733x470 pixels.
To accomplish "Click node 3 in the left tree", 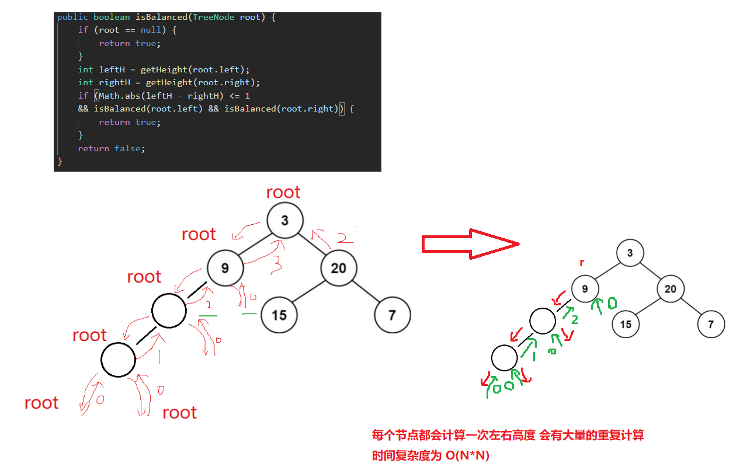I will (285, 221).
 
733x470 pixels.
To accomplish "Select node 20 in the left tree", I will (338, 268).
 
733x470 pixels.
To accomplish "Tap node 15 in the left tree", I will (279, 315).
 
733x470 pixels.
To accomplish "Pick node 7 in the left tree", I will (392, 315).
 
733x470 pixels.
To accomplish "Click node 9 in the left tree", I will (225, 269).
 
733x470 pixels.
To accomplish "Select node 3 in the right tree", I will (630, 253).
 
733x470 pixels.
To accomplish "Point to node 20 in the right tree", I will (671, 289).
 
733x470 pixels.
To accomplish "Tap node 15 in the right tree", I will (626, 324).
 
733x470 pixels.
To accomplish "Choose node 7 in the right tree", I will (711, 325).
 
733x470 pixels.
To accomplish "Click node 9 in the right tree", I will (585, 289).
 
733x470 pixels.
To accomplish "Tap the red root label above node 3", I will (283, 192).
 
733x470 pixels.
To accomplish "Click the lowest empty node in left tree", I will (118, 359).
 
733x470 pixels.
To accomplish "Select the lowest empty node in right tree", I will (505, 358).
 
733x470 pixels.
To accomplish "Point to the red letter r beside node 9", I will (582, 263).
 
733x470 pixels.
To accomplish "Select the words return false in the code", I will (112, 148).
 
